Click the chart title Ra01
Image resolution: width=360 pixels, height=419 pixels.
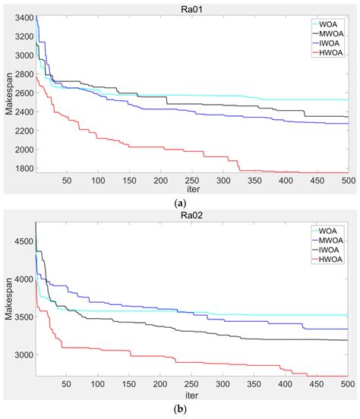click(x=191, y=6)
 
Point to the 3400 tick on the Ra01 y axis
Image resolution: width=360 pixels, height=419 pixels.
click(x=22, y=17)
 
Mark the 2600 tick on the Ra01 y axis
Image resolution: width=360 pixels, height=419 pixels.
click(x=22, y=93)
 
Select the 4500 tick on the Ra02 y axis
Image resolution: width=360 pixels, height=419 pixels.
click(x=22, y=241)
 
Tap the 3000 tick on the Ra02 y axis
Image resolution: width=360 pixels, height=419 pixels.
click(x=22, y=354)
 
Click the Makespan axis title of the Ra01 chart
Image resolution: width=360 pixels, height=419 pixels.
click(x=7, y=94)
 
